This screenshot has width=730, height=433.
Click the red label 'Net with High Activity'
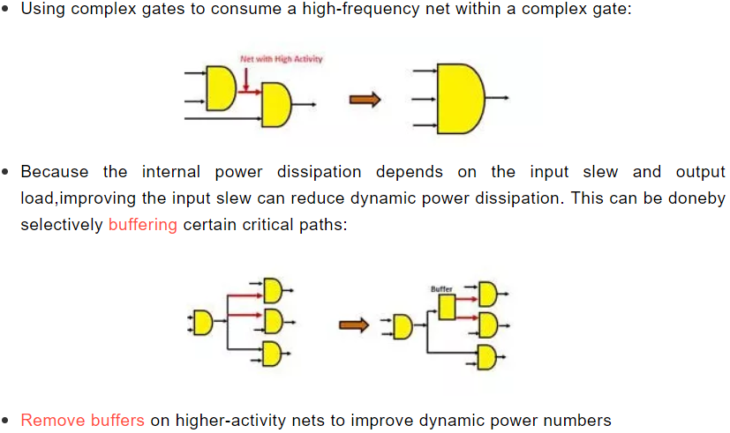click(282, 59)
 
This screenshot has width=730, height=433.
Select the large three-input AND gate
click(461, 99)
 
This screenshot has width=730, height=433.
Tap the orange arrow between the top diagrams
click(365, 100)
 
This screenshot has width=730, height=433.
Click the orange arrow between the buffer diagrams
click(354, 325)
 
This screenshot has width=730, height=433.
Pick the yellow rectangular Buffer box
click(447, 307)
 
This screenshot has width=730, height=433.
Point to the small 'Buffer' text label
click(441, 289)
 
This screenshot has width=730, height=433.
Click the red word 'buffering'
click(142, 225)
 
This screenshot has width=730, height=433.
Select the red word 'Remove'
click(53, 420)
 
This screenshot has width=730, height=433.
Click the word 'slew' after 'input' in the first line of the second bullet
click(600, 172)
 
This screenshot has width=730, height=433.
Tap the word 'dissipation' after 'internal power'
click(319, 172)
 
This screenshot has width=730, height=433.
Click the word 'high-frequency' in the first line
click(361, 9)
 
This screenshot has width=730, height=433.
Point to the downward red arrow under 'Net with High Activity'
click(245, 79)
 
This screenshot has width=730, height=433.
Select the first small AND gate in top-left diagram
click(222, 88)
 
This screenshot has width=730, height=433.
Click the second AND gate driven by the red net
click(276, 105)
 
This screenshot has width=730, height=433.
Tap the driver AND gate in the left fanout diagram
click(203, 323)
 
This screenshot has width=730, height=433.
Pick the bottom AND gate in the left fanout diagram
click(272, 354)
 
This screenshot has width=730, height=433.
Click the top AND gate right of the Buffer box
click(488, 294)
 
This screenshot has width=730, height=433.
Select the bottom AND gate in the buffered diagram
click(487, 357)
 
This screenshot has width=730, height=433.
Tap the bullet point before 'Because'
click(5, 172)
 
